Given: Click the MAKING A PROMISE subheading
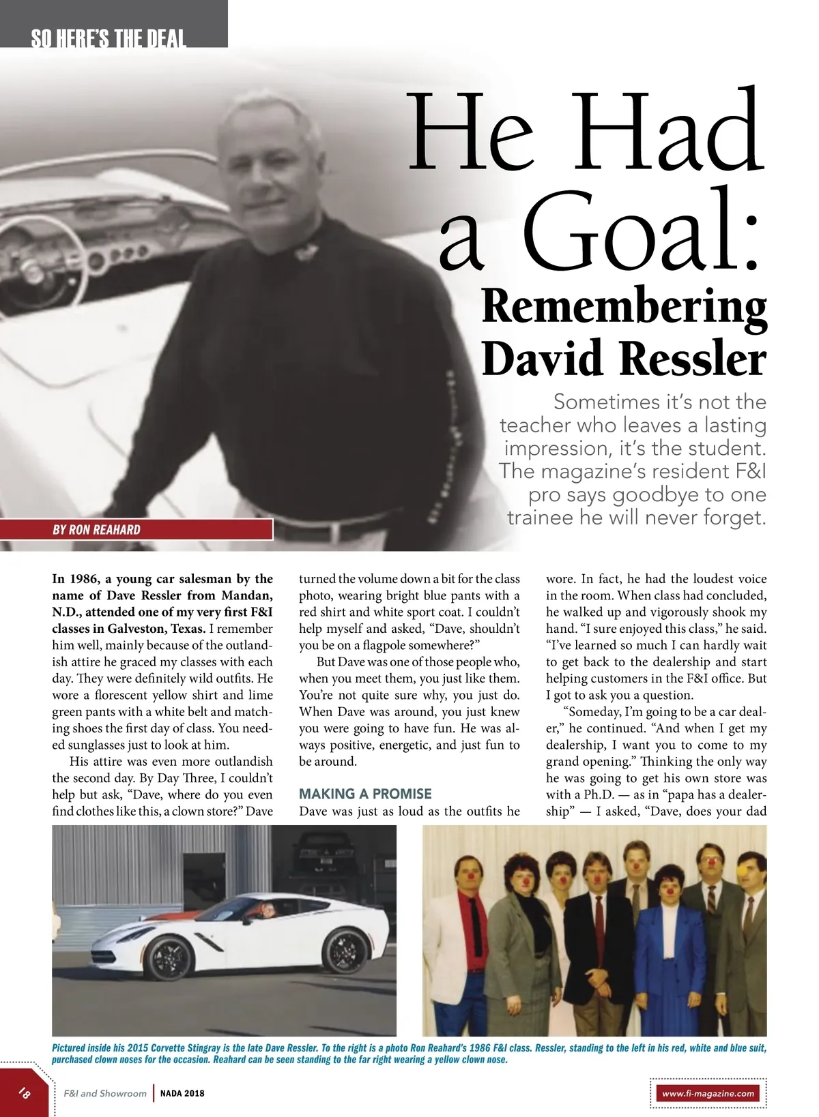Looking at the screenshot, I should (365, 794).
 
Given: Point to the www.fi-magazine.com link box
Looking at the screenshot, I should (708, 1093).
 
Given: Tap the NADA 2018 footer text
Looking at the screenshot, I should (182, 1093).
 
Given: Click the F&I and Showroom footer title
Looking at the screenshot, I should (105, 1093).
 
